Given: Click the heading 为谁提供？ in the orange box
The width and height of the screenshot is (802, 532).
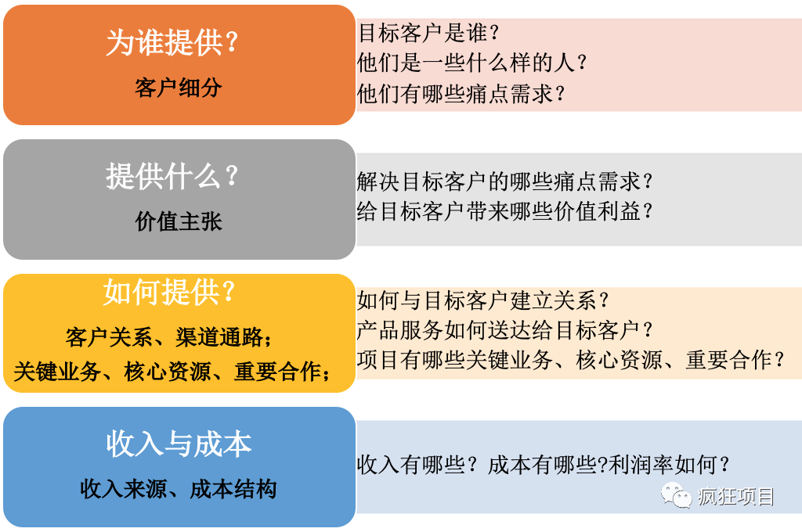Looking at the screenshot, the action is pos(172,42).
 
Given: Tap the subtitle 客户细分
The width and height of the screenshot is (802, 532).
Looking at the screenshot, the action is pos(178,88).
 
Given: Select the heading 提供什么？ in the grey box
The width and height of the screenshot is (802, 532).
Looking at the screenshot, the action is pos(172,176).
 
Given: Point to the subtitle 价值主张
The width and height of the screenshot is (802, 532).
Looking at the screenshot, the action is pos(178,221).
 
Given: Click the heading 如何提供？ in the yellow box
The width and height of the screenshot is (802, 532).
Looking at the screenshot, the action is pos(169,293).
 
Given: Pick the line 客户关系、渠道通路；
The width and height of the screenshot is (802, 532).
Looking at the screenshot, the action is pos(169,337).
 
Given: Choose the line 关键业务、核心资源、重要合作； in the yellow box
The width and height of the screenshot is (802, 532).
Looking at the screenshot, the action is pos(172,372).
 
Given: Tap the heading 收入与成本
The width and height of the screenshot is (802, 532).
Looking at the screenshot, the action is pos(179,444).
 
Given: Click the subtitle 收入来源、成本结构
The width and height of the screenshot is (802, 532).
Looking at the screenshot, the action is pos(178,489).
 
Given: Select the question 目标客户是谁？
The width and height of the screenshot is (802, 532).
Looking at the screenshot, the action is pos(428,33).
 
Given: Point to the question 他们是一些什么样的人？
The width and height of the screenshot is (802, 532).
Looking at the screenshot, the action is pos(472,63).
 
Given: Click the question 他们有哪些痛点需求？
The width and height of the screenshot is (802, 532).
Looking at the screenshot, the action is pos(461,94).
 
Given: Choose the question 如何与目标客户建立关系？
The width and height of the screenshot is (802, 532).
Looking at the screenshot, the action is pos(483,300).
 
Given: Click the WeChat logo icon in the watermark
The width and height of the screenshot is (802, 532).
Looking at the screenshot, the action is pos(676,494).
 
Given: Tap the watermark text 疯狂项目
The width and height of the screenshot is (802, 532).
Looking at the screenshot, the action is pos(736,496).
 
